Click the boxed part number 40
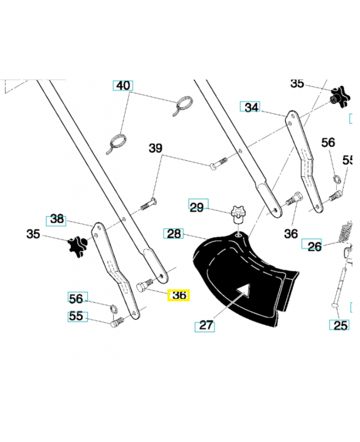pyautogui.click(x=123, y=86)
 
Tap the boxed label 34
pyautogui.click(x=251, y=107)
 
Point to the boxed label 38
pyautogui.click(x=57, y=219)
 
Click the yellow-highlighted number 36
pyautogui.click(x=179, y=296)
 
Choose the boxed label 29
pyautogui.click(x=197, y=207)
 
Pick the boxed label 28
pyautogui.click(x=174, y=234)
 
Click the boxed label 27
pyautogui.click(x=205, y=325)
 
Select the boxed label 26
pyautogui.click(x=314, y=246)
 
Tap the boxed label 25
pyautogui.click(x=341, y=325)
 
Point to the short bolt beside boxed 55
pyautogui.click(x=115, y=324)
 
